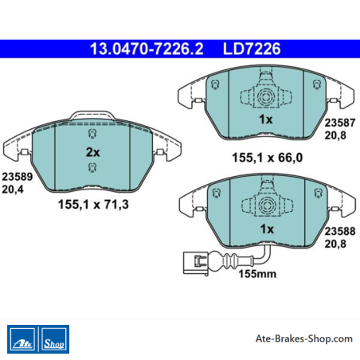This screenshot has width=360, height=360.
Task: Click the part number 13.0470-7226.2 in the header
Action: [147, 49]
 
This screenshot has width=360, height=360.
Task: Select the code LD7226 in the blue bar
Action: [252, 49]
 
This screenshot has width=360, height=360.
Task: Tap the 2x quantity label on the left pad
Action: [92, 152]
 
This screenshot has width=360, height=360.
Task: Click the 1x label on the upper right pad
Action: [266, 119]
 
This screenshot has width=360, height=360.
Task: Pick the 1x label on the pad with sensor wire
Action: [267, 229]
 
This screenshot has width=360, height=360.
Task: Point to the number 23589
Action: [18, 177]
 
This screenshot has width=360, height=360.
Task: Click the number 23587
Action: [340, 123]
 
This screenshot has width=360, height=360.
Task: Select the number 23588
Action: [340, 231]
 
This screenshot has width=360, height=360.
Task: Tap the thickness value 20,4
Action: [13, 190]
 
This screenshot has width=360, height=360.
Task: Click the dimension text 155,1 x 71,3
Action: [93, 205]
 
